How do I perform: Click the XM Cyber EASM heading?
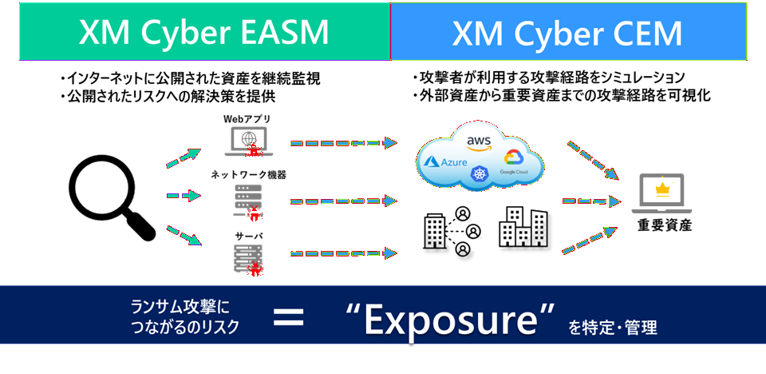click(x=203, y=33)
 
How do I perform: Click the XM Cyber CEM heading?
click(x=567, y=33)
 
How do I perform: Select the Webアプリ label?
click(x=247, y=119)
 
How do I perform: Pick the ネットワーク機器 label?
click(x=248, y=174)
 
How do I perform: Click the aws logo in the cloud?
click(x=479, y=143)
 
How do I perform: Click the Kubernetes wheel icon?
click(x=479, y=173)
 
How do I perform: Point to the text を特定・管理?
click(x=614, y=327)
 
